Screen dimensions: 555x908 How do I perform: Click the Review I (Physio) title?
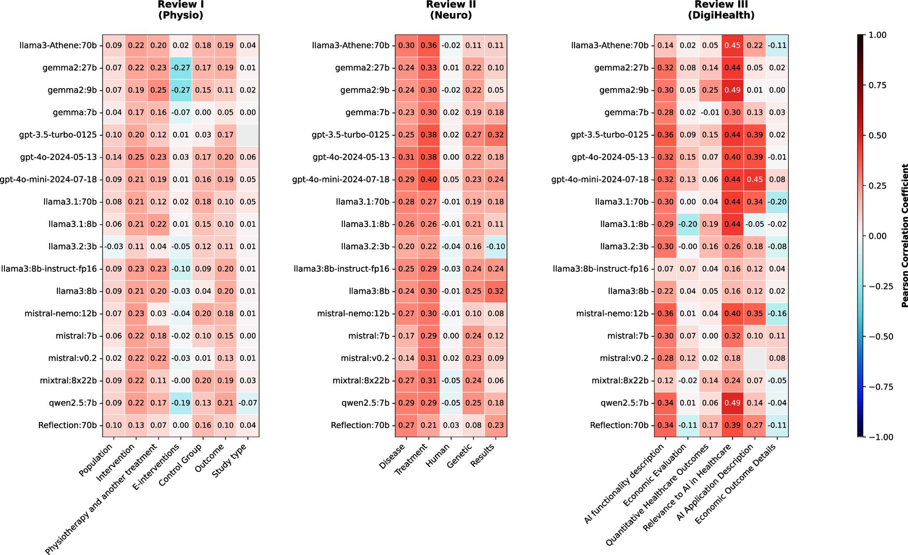180,10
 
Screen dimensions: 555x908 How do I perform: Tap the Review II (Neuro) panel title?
451,10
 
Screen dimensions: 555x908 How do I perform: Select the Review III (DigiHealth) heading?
721,10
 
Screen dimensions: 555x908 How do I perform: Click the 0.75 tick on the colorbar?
878,85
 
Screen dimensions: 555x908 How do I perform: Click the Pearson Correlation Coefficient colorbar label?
904,235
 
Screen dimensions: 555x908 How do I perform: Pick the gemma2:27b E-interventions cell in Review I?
181,68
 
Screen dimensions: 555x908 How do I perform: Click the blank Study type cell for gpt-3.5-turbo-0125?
247,135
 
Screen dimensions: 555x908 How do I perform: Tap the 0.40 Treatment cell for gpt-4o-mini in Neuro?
429,180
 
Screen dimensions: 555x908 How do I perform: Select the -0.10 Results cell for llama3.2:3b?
495,246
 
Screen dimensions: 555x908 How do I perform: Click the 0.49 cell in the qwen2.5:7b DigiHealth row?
732,403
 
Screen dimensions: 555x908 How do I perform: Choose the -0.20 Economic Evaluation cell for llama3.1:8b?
688,224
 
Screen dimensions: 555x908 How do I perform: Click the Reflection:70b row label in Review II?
360,425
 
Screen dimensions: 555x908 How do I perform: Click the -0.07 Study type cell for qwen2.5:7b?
247,403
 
